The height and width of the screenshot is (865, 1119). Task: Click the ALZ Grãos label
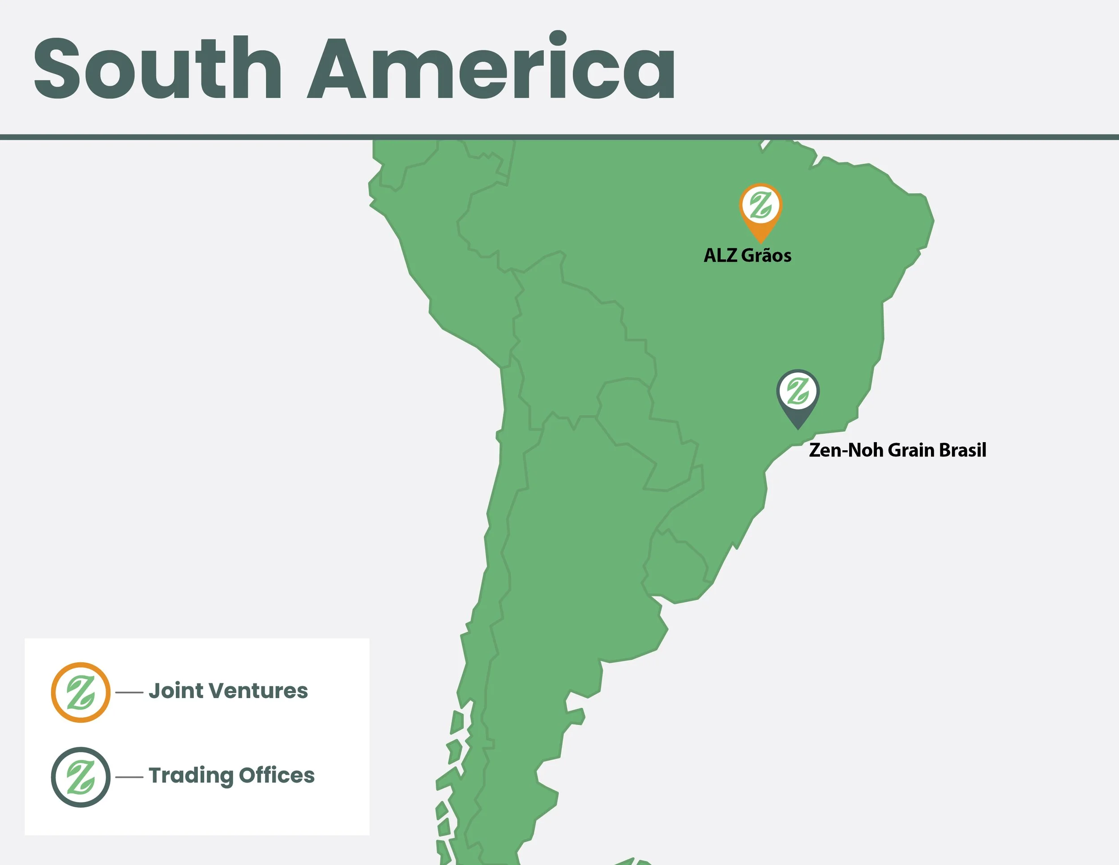pyautogui.click(x=747, y=255)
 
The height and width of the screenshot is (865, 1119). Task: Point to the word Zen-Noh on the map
pyautogui.click(x=846, y=450)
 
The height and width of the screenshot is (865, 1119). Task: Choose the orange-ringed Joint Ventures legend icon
pyautogui.click(x=81, y=692)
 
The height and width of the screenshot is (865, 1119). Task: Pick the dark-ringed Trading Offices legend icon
pyautogui.click(x=81, y=777)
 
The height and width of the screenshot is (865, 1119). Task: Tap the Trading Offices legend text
pyautogui.click(x=231, y=776)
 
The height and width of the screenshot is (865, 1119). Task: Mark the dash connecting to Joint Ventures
pyautogui.click(x=129, y=692)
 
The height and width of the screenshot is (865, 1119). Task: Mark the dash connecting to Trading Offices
pyautogui.click(x=129, y=777)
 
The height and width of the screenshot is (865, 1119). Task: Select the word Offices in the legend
pyautogui.click(x=277, y=776)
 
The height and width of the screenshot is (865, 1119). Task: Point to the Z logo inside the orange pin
pyautogui.click(x=761, y=205)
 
